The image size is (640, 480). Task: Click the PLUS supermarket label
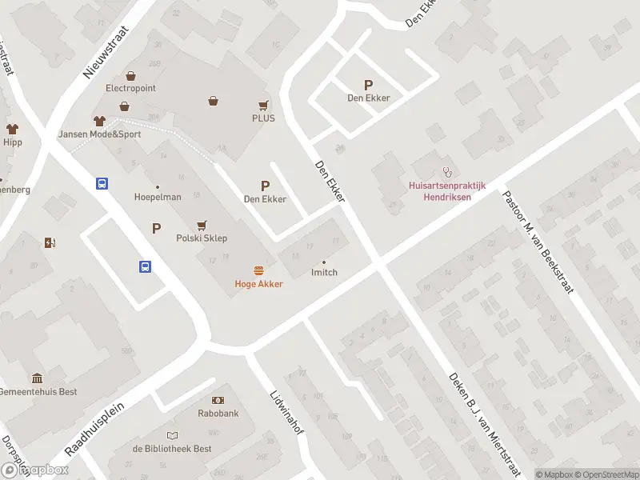coord(263,118)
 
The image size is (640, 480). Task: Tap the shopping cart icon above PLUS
coord(263,105)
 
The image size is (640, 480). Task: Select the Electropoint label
coord(130,88)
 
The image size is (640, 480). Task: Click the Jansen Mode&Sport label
coord(99,134)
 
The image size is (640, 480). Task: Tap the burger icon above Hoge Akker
coord(258,270)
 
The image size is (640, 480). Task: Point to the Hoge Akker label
coord(258,284)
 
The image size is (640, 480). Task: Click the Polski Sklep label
coord(202,238)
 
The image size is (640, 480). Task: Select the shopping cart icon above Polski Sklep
coord(202,225)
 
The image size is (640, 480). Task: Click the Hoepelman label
coord(158,197)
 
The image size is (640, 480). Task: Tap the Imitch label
coord(324,272)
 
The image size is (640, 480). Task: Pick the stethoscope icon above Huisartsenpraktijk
coord(448,171)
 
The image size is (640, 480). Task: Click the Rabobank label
coord(218,414)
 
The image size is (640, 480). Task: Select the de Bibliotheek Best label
coord(172,449)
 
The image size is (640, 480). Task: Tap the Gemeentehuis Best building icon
coord(37,378)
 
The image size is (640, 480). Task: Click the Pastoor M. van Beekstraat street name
coord(538,242)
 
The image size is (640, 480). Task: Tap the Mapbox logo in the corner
coord(35,470)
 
